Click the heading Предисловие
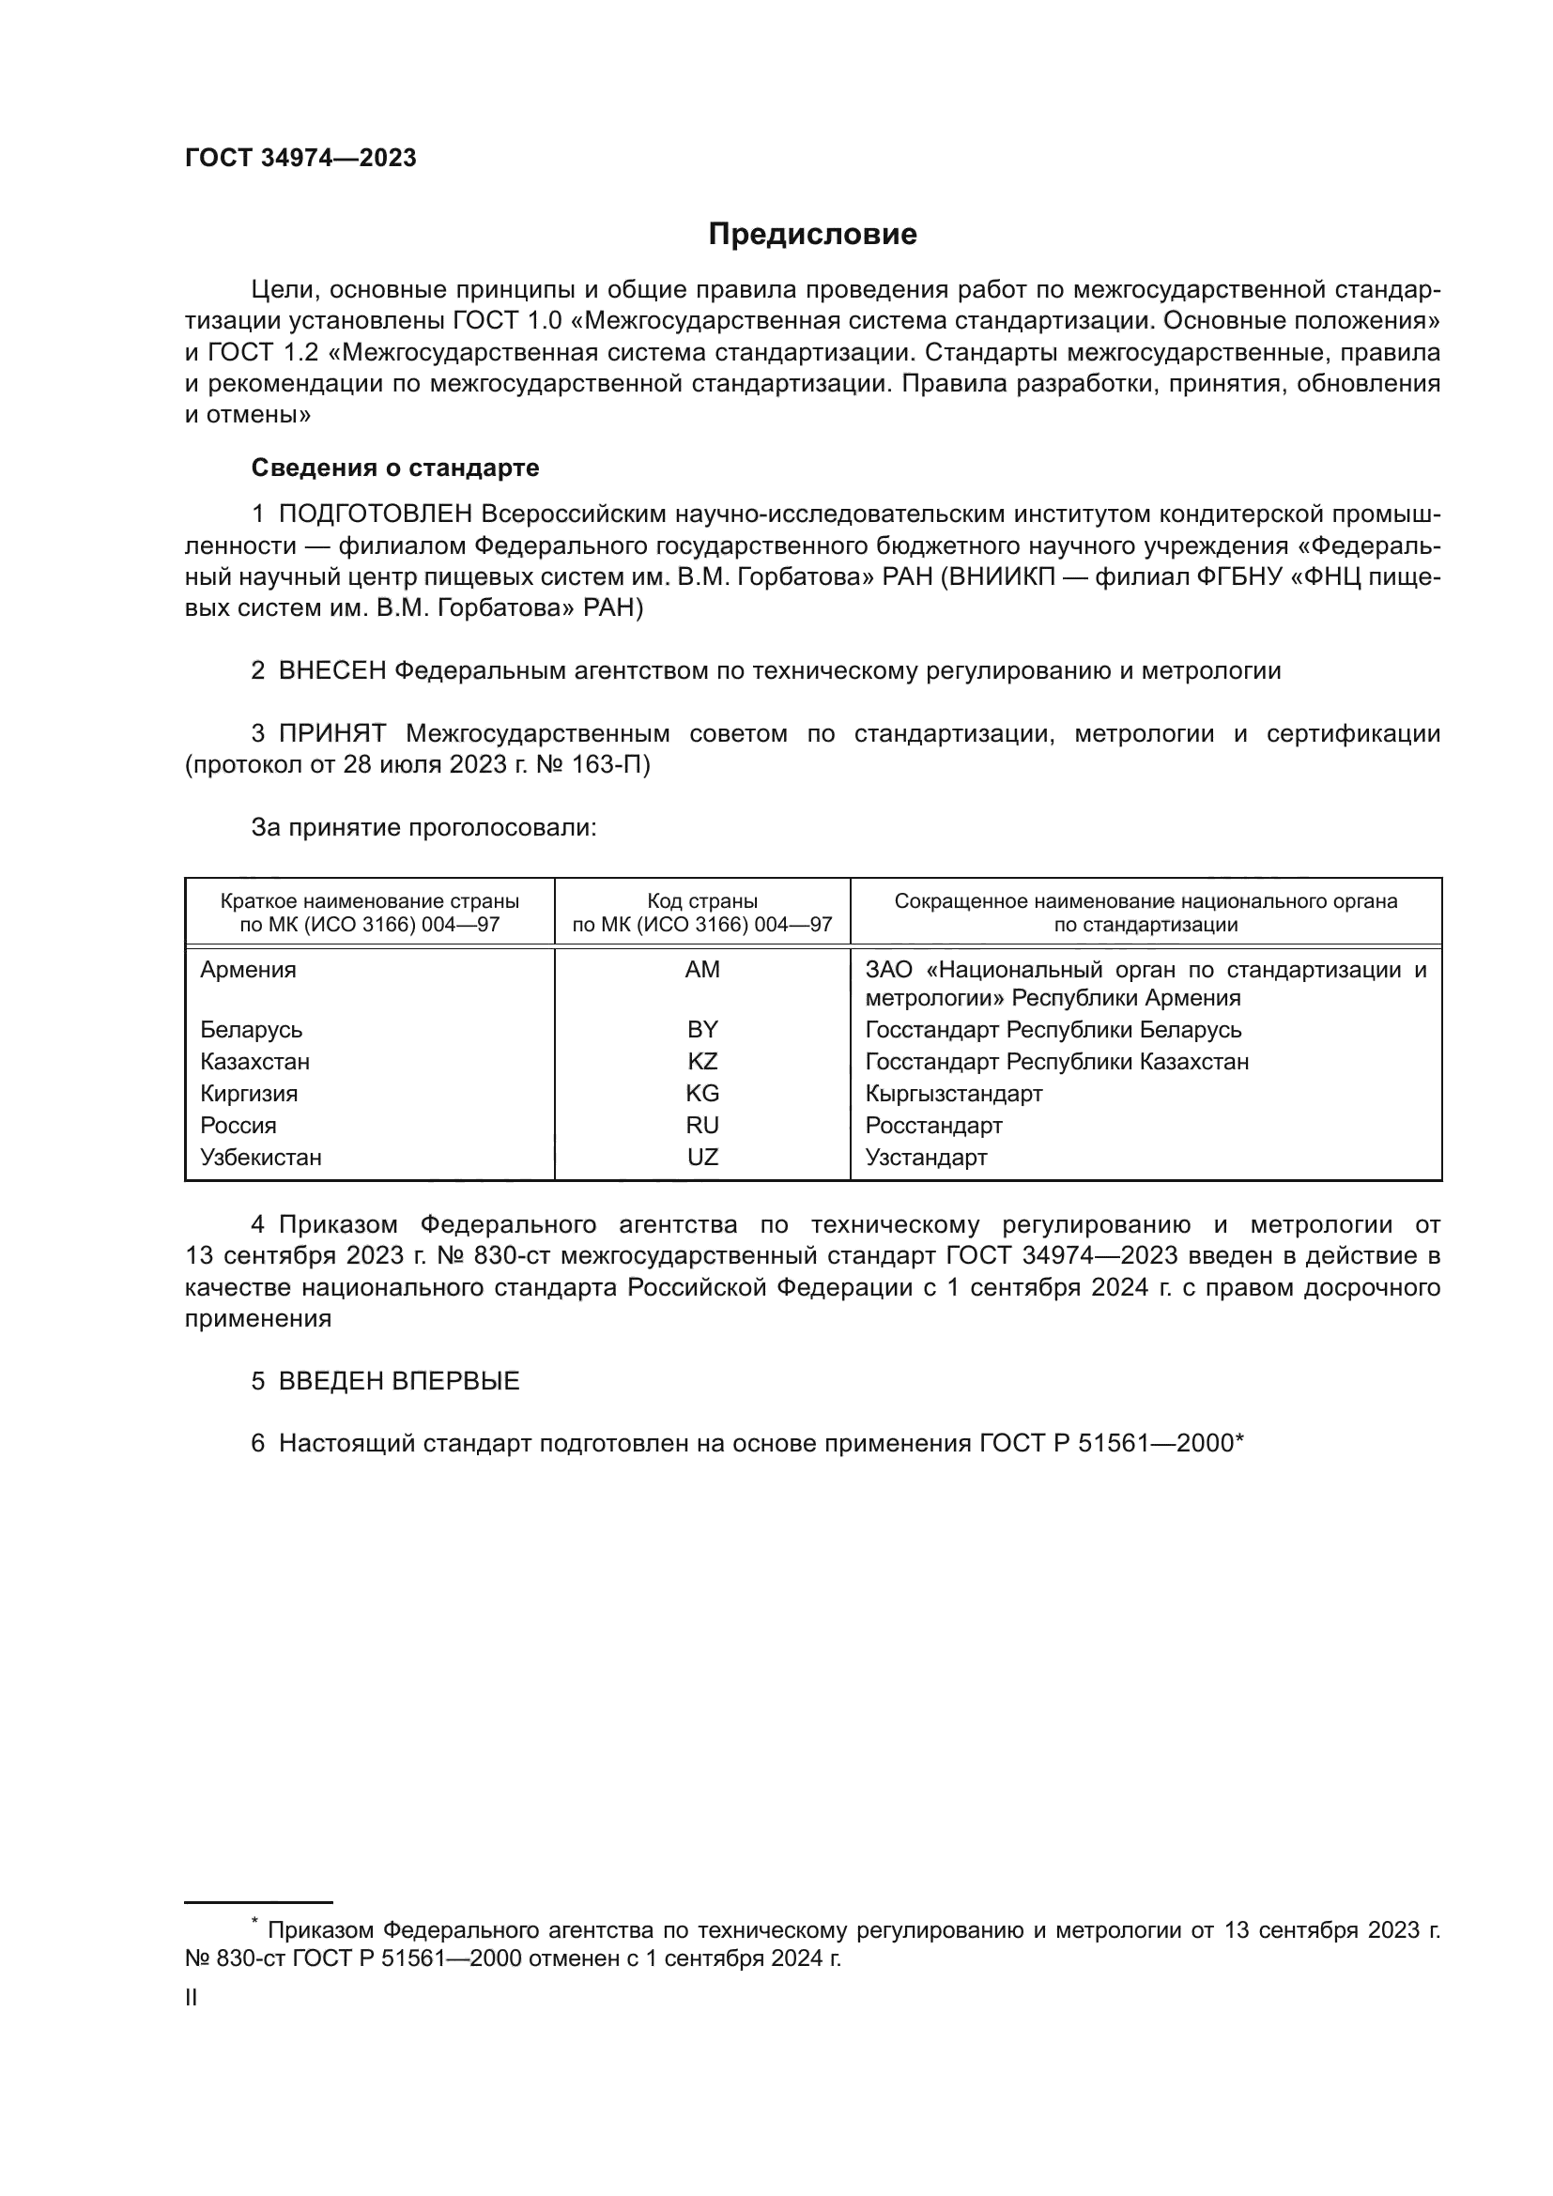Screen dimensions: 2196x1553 pyautogui.click(x=812, y=235)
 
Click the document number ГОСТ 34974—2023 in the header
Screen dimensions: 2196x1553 pyautogui.click(x=300, y=159)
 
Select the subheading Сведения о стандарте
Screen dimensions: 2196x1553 pyautogui.click(x=395, y=468)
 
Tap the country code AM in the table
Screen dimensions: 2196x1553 pyautogui.click(x=702, y=970)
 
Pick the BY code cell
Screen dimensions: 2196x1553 pyautogui.click(x=702, y=1030)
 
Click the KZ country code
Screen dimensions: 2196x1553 pyautogui.click(x=702, y=1062)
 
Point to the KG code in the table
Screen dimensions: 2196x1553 pyautogui.click(x=702, y=1093)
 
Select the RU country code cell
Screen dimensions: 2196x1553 pyautogui.click(x=702, y=1126)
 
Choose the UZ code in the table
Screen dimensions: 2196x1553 pyautogui.click(x=702, y=1158)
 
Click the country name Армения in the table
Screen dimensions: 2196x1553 pyautogui.click(x=248, y=970)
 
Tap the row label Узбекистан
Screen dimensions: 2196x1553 pyautogui.click(x=260, y=1158)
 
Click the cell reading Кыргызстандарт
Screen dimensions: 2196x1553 pyautogui.click(x=953, y=1093)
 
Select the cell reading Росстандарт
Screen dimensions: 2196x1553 pyautogui.click(x=933, y=1126)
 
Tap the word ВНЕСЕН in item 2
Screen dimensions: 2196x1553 pyautogui.click(x=331, y=671)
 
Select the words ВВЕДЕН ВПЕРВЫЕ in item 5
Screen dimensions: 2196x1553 pyautogui.click(x=399, y=1381)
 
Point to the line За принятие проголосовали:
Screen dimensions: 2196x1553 pyautogui.click(x=423, y=828)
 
